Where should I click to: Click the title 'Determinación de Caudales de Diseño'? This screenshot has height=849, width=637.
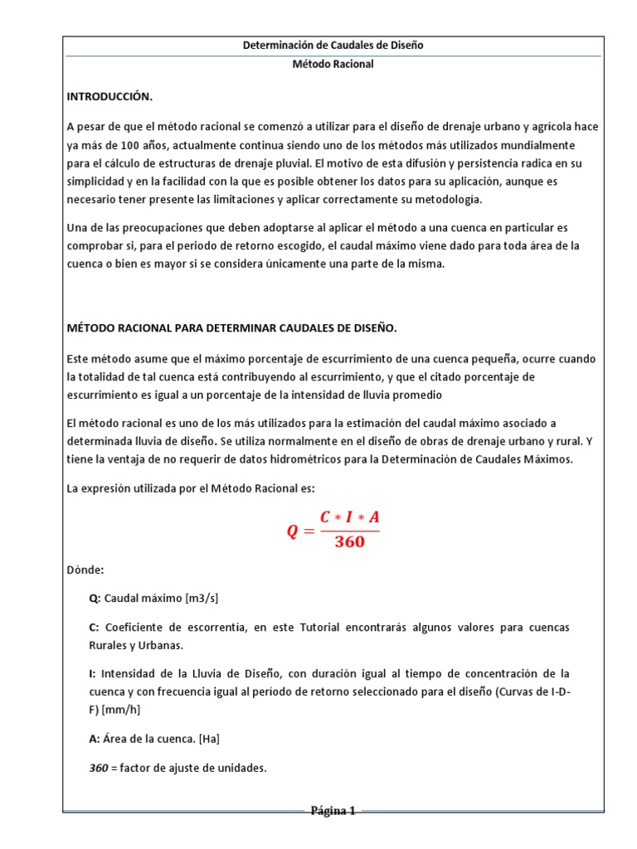click(333, 45)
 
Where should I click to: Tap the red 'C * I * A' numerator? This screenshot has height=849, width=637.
click(349, 517)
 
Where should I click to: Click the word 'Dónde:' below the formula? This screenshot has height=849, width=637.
click(85, 570)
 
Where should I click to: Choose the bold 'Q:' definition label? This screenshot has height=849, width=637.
click(95, 598)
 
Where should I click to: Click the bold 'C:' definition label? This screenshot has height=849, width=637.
click(95, 627)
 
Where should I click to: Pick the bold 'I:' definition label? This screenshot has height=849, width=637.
click(92, 672)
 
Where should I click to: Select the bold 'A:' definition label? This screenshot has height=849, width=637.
click(95, 738)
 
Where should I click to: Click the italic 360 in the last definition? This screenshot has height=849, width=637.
click(99, 768)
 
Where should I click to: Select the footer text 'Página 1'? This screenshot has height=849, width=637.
click(333, 811)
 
